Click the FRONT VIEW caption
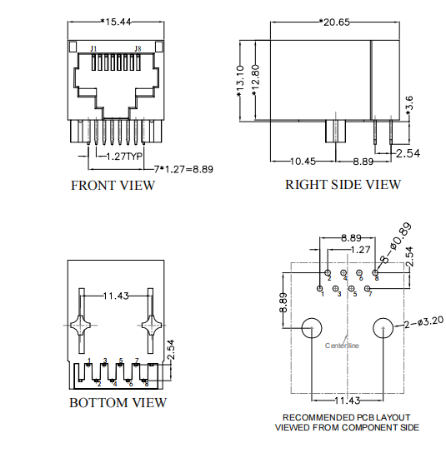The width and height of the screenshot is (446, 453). [113, 185]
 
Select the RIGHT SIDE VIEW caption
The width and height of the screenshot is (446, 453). [343, 185]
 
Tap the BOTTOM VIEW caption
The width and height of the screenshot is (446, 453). [118, 403]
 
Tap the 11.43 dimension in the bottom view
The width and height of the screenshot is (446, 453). [115, 296]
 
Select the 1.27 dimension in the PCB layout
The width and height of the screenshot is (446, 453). [360, 249]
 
